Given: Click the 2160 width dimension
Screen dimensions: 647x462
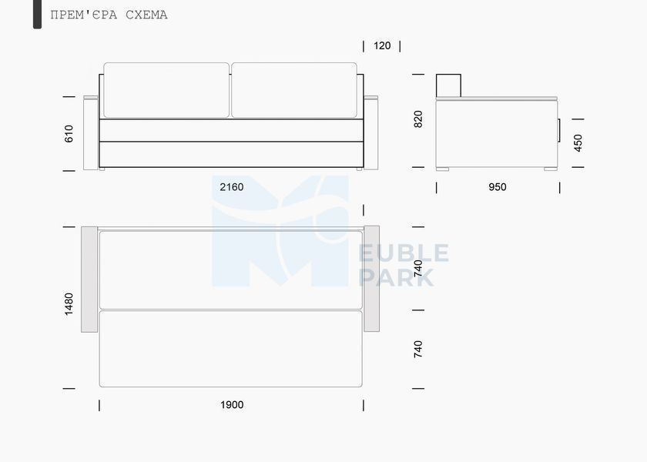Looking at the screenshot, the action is [232, 187].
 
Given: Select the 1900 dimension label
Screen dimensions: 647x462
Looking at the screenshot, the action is [232, 405].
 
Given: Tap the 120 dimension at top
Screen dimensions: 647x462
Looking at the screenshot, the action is [382, 45].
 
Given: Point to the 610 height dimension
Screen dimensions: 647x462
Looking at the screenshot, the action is [69, 134].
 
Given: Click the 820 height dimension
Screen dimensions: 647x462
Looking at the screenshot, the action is [418, 119].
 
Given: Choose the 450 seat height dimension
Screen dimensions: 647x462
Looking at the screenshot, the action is [578, 143].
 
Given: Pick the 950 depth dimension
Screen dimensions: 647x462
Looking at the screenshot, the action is [498, 187].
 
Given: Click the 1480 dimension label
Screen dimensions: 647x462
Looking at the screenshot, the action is [69, 304].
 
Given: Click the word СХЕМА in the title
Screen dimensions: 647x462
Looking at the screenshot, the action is [146, 15].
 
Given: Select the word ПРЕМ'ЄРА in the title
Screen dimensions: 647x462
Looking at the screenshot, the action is [84, 15].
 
